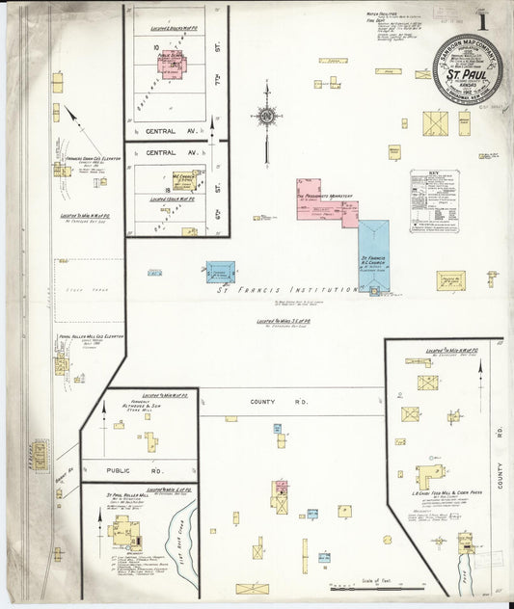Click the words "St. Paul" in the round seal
[467, 73]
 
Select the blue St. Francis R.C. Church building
[373, 255]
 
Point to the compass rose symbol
[266, 117]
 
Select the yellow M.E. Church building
[186, 180]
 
